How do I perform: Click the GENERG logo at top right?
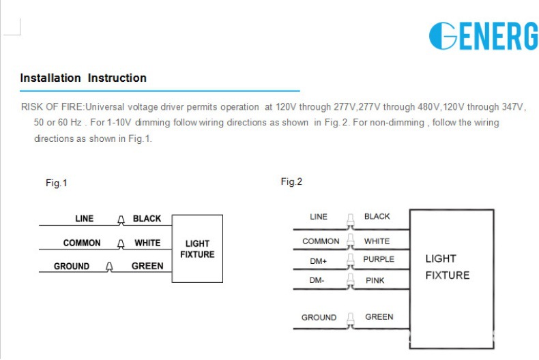(x=483, y=36)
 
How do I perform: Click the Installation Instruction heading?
(x=83, y=78)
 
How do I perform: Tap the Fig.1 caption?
(x=57, y=183)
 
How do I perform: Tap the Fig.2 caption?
(x=291, y=181)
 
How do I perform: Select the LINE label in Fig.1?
(x=85, y=219)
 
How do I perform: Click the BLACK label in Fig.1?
(x=147, y=219)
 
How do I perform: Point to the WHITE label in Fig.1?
(x=147, y=243)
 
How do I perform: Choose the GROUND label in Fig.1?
(x=72, y=266)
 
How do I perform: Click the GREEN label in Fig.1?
(x=147, y=266)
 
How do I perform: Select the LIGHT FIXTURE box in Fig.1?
(x=197, y=249)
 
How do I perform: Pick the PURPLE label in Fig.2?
(x=379, y=260)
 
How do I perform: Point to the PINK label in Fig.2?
(x=375, y=280)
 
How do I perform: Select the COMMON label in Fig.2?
(x=321, y=241)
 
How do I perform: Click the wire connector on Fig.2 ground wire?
(x=350, y=318)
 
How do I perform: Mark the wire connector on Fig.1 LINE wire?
(x=121, y=220)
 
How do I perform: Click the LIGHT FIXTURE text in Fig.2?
(x=448, y=267)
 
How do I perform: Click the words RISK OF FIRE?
(x=53, y=107)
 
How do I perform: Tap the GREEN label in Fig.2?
(x=379, y=317)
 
